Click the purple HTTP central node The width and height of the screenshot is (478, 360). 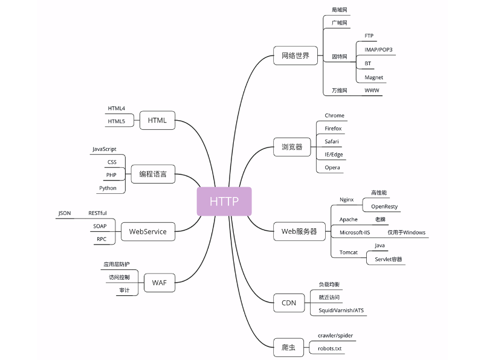click(x=224, y=201)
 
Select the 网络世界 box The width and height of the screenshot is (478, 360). click(x=296, y=56)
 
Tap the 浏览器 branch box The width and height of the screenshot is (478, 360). click(x=292, y=146)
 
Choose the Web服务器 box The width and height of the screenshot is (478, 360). click(x=299, y=231)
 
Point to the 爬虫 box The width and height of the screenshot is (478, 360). click(x=289, y=349)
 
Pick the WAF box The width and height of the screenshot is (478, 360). click(x=160, y=282)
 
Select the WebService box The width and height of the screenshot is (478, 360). click(x=148, y=231)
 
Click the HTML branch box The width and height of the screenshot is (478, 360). click(x=157, y=120)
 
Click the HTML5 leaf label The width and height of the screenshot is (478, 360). click(x=117, y=121)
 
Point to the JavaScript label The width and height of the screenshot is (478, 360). click(x=105, y=149)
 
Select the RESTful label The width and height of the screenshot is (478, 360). click(x=97, y=213)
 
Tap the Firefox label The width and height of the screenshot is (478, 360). click(x=333, y=129)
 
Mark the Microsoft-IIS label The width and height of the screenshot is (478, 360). click(x=355, y=233)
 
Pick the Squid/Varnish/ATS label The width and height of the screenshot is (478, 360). click(x=341, y=310)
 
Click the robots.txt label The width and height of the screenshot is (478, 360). click(x=330, y=349)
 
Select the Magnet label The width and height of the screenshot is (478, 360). click(x=374, y=77)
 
